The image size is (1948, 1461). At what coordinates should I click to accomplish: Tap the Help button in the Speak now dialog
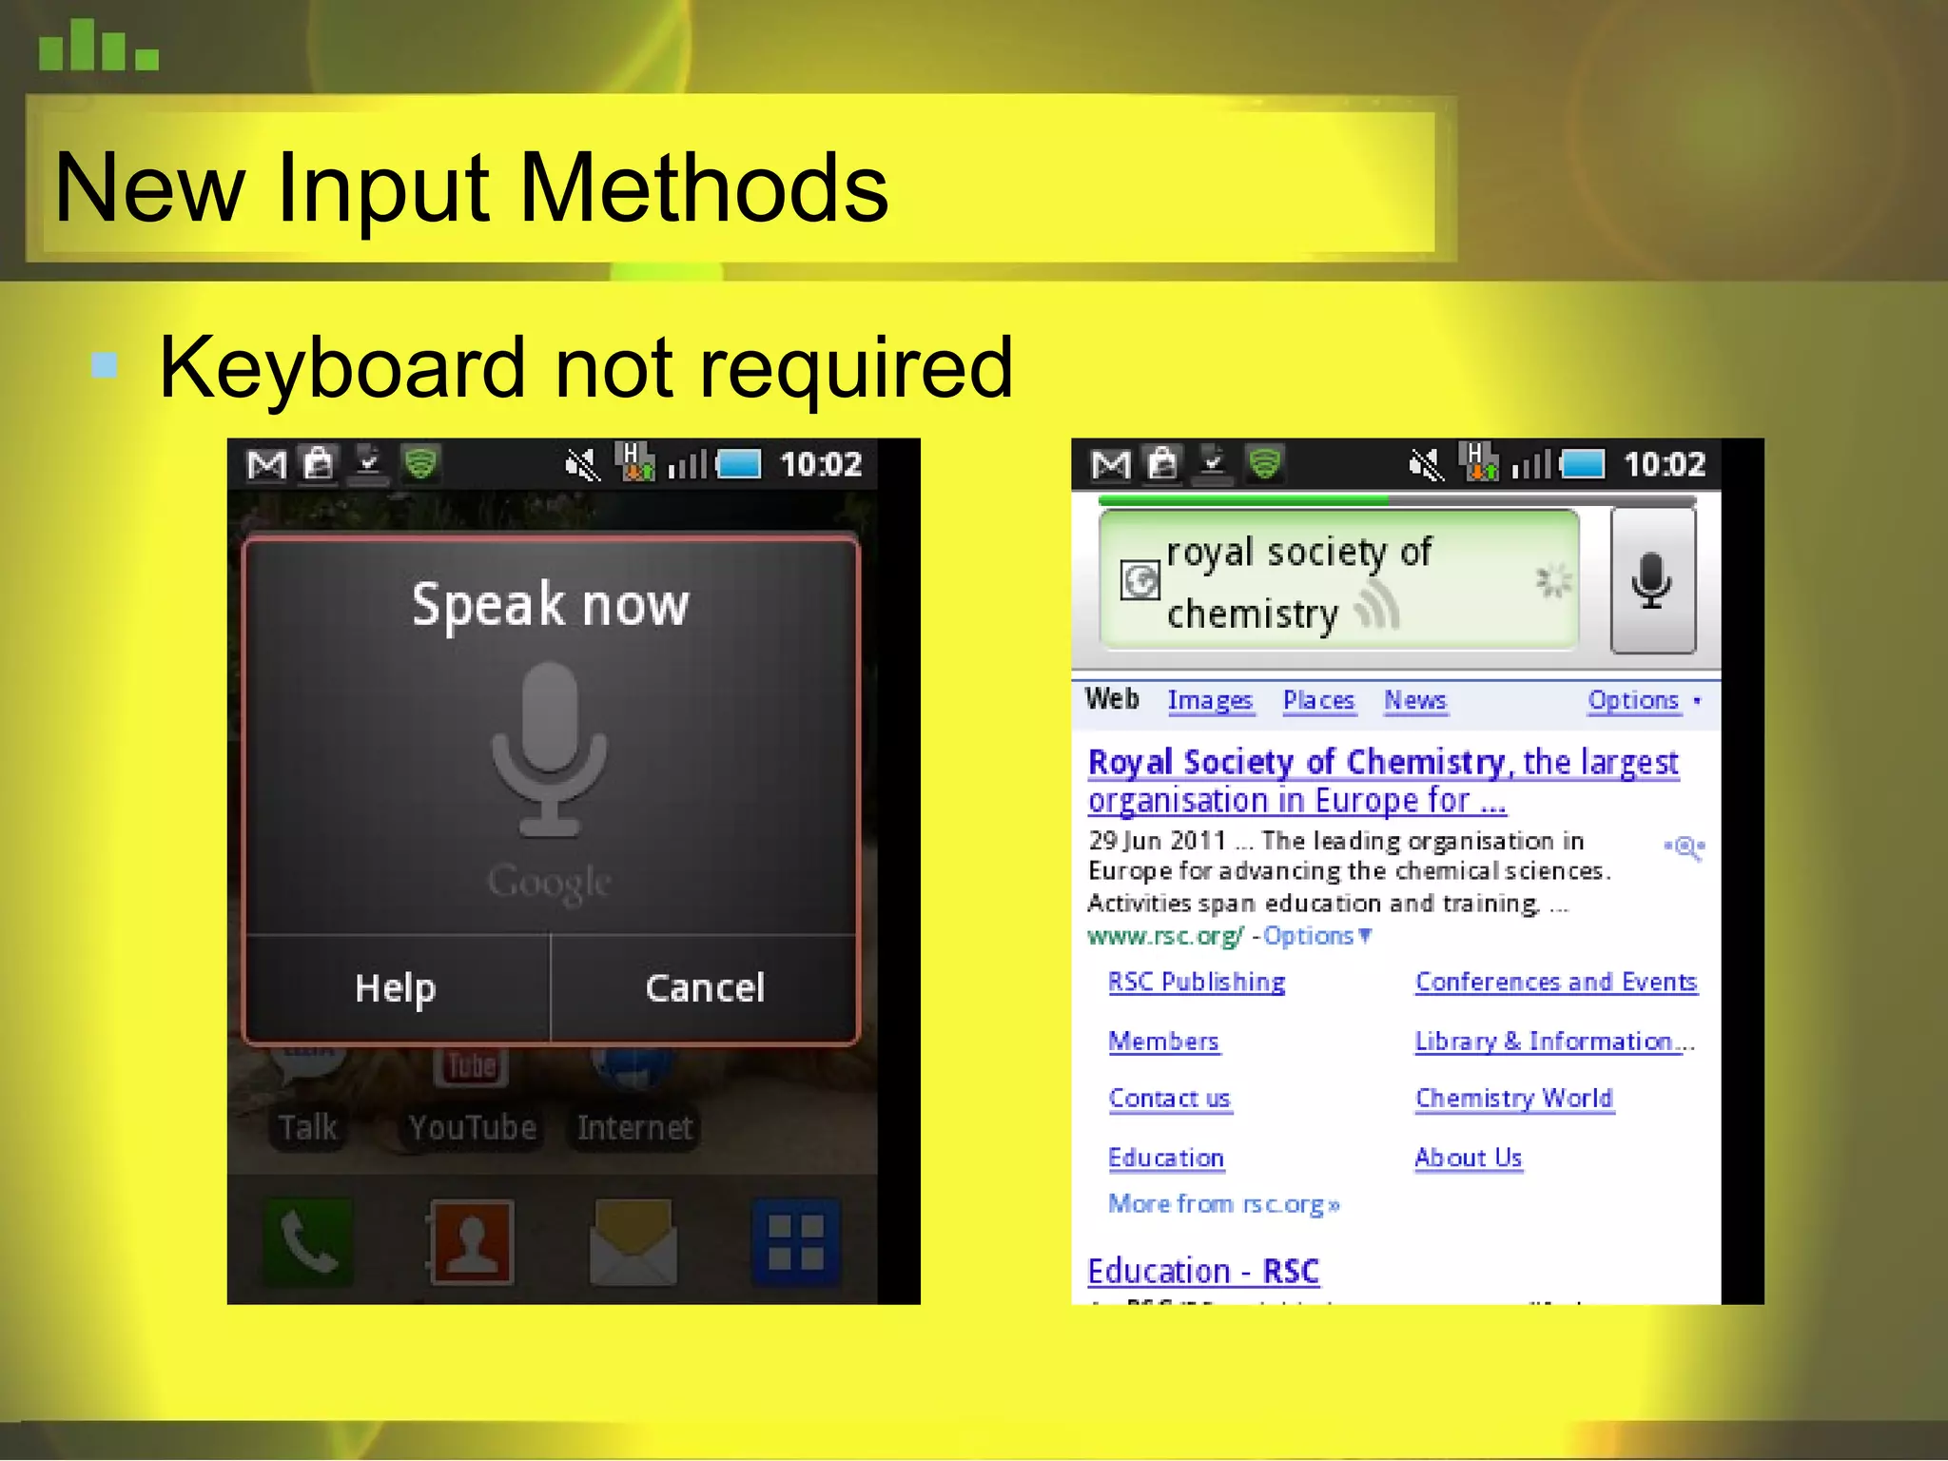(396, 988)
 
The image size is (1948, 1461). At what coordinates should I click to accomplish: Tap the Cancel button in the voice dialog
(705, 988)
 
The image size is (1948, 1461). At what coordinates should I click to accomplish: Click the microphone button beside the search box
(1652, 580)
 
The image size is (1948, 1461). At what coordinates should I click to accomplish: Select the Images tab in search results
(1210, 701)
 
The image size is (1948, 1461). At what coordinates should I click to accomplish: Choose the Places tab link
(1318, 701)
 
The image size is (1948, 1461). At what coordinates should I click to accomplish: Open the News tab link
(1414, 701)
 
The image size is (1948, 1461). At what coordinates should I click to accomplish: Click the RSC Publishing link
(1197, 982)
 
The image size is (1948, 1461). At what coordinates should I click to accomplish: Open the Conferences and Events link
(1556, 982)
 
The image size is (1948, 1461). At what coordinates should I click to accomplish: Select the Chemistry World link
(1514, 1099)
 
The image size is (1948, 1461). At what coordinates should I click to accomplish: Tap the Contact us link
(1169, 1099)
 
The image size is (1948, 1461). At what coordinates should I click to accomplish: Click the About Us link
(1469, 1158)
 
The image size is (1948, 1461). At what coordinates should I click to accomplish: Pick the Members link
(1163, 1042)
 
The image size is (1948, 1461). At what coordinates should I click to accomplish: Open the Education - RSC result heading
(1203, 1272)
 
